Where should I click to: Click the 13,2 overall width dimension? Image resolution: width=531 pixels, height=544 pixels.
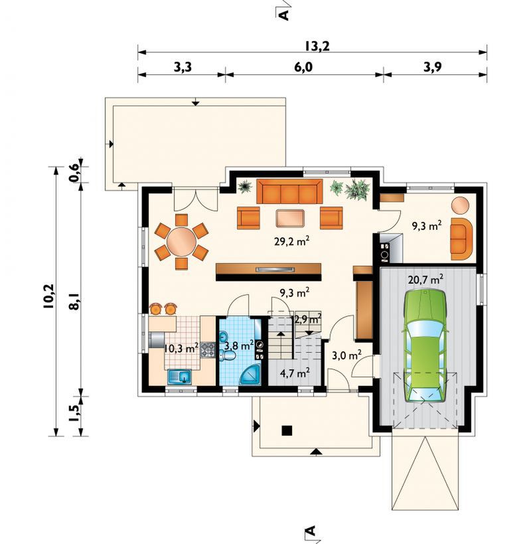pos(317,46)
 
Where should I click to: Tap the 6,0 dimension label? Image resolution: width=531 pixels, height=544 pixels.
pos(303,67)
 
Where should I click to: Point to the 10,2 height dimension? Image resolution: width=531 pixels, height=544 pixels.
pos(49,296)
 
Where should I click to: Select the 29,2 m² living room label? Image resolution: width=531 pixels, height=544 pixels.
pos(292,240)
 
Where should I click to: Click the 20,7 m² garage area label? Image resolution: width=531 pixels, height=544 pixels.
pos(425,279)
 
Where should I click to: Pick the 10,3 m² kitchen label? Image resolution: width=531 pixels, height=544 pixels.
pos(181,347)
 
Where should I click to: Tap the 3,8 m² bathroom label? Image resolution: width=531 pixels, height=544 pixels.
pos(239,345)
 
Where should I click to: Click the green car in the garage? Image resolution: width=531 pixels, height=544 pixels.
pos(425,345)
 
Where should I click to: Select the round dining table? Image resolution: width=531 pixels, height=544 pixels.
pos(181,241)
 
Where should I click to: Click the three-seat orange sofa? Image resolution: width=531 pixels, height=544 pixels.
pos(289,191)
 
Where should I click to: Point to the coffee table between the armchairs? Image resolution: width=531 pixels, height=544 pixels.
pos(290,219)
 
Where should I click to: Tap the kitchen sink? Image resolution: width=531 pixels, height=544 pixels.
pos(179,377)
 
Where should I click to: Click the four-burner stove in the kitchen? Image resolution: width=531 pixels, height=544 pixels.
pos(208,349)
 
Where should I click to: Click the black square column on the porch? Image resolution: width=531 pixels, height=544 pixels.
pos(287,430)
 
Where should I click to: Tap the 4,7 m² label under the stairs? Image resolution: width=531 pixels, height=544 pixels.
pos(295,373)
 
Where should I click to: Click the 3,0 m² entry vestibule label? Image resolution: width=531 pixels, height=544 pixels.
pos(347,355)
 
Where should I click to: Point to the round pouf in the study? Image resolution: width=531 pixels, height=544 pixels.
pos(460,205)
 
